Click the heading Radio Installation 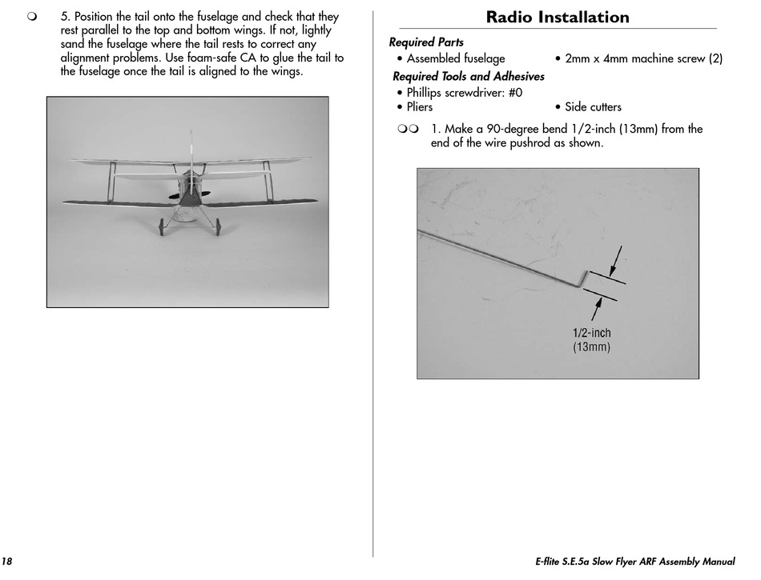tap(558, 17)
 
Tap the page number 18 tap(7, 562)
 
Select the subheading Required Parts tap(426, 42)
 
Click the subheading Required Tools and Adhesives tap(468, 76)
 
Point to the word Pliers tap(419, 107)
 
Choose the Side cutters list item tap(593, 107)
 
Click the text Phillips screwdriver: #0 tap(465, 93)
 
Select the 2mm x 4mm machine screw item tap(643, 59)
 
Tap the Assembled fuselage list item tap(456, 59)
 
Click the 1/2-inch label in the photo tap(591, 334)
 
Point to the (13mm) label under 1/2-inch tap(591, 347)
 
